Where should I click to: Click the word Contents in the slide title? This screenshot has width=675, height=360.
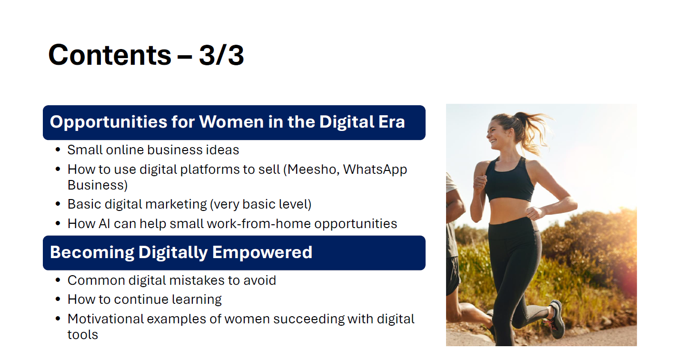tap(109, 55)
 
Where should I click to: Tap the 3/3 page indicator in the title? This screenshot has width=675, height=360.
tap(221, 56)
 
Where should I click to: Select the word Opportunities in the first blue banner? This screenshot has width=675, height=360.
tap(109, 122)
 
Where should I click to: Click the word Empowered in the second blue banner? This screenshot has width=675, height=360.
tap(262, 253)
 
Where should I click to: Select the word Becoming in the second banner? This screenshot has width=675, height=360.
tap(92, 253)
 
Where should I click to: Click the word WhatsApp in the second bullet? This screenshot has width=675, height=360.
tap(375, 170)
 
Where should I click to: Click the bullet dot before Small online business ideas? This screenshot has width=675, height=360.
tap(58, 150)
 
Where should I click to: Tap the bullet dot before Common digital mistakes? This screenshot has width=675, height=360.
tap(58, 280)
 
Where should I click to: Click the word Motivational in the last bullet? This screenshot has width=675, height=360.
tap(106, 319)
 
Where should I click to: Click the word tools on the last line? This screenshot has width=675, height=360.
tap(82, 335)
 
